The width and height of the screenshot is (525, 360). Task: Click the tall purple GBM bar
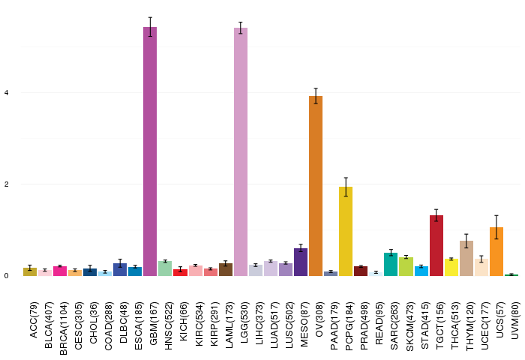(x=150, y=151)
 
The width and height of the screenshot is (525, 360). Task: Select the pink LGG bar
(x=241, y=151)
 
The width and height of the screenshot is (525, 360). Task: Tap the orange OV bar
(x=316, y=186)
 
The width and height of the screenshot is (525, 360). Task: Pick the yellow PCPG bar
(x=346, y=232)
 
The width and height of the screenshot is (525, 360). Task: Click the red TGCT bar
(x=436, y=245)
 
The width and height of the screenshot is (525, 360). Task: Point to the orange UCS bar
(x=496, y=251)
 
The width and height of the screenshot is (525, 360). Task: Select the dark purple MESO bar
(x=301, y=262)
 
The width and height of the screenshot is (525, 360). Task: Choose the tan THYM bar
(x=466, y=258)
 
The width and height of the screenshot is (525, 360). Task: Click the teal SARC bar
(x=391, y=264)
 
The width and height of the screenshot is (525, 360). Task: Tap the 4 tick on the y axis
(x=6, y=93)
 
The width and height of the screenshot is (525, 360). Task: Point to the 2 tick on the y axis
(x=6, y=184)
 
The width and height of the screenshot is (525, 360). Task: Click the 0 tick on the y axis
(x=6, y=276)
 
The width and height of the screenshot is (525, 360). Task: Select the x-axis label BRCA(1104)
(x=63, y=328)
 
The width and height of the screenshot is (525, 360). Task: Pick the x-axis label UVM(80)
(x=516, y=320)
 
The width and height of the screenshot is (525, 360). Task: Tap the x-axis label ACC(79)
(x=34, y=319)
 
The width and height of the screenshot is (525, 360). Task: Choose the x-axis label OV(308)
(x=319, y=319)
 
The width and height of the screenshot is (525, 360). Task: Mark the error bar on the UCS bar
(x=496, y=227)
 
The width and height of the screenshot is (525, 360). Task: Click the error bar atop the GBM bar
(x=150, y=27)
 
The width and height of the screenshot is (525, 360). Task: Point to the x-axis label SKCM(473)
(x=409, y=326)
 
